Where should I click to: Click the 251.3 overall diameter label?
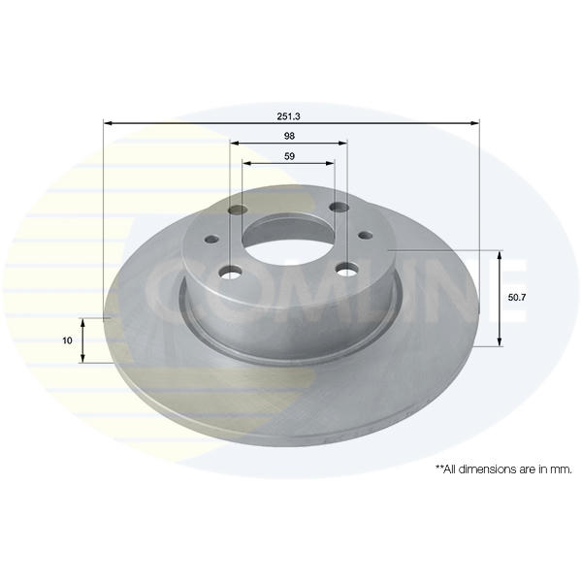tap(288, 116)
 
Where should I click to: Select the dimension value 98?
tap(289, 136)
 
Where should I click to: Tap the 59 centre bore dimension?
tap(289, 156)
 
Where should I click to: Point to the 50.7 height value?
tap(517, 298)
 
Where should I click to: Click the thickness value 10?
tap(67, 340)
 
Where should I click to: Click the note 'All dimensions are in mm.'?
tap(503, 469)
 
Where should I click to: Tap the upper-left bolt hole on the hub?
tap(238, 210)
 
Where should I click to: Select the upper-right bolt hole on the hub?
tap(339, 208)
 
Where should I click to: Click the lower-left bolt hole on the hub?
tap(231, 272)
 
